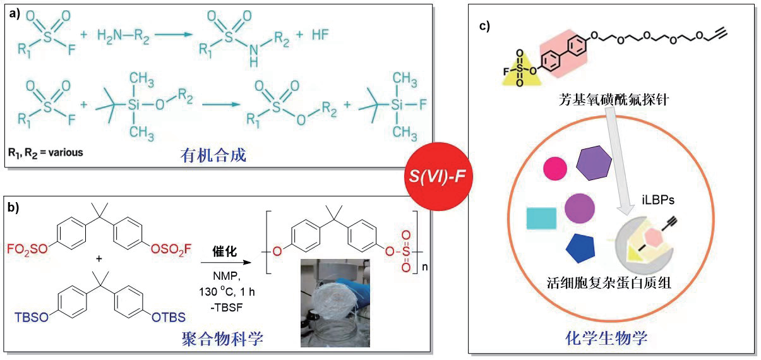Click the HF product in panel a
pos(321,34)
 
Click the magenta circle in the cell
pos(555,168)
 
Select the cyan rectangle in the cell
pos(541,218)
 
